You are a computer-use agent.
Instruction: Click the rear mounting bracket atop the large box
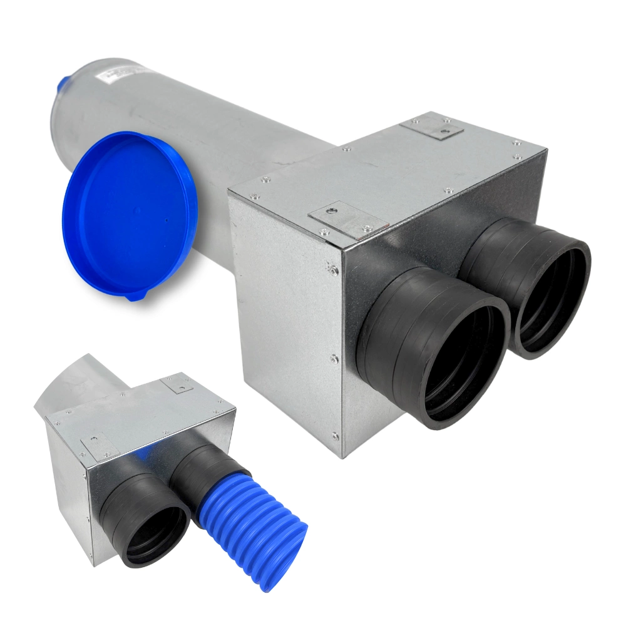432,127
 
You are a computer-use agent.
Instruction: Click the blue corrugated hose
250,526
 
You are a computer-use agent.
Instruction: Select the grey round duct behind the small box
81,382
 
